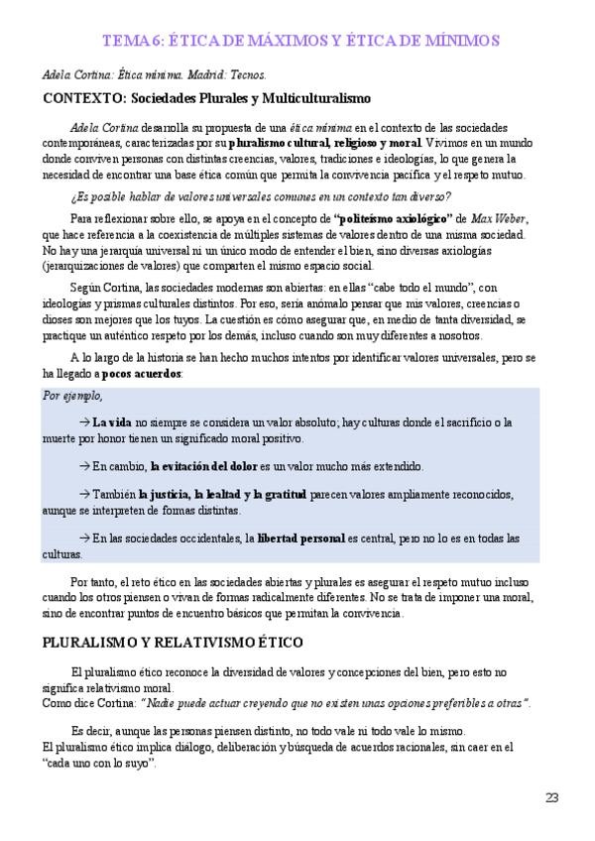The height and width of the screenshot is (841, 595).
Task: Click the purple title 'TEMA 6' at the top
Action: click(131, 40)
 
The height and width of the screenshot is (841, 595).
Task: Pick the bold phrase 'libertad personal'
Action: click(300, 538)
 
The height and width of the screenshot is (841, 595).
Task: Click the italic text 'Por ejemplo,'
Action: click(72, 395)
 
